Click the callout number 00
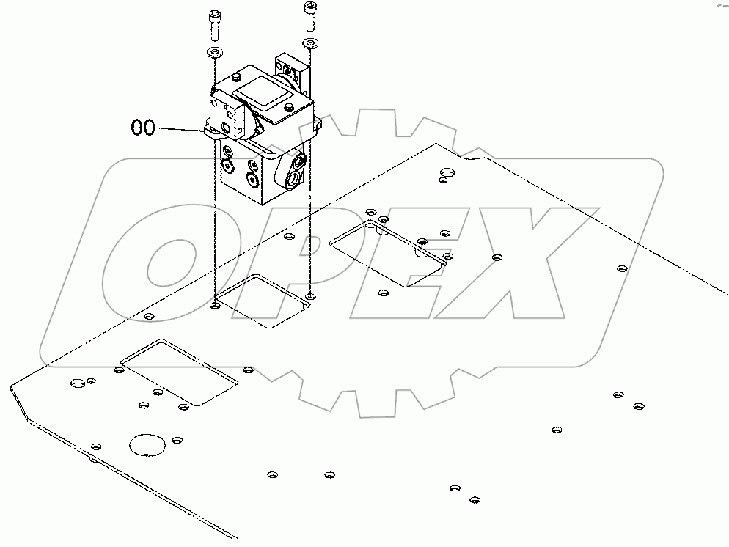[143, 128]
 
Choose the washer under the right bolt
[309, 44]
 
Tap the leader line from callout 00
[180, 129]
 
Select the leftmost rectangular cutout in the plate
[180, 372]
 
